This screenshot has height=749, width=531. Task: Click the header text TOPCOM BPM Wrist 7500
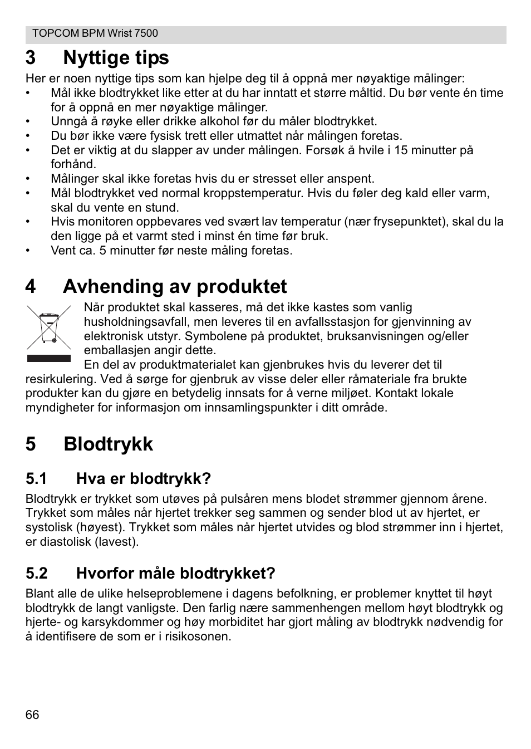[95, 33]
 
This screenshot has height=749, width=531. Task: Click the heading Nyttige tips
[116, 57]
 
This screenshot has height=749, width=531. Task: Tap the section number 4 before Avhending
[31, 286]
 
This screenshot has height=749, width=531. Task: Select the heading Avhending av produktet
[175, 286]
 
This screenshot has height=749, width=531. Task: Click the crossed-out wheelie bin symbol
[49, 328]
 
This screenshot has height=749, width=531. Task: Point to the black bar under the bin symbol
[49, 358]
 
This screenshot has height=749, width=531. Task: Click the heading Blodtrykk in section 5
[108, 444]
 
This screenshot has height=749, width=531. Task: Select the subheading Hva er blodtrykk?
[144, 478]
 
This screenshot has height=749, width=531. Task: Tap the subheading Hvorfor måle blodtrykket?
[175, 573]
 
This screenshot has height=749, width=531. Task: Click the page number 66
[32, 715]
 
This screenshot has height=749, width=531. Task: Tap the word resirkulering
[59, 379]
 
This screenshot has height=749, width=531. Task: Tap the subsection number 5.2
[36, 573]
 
